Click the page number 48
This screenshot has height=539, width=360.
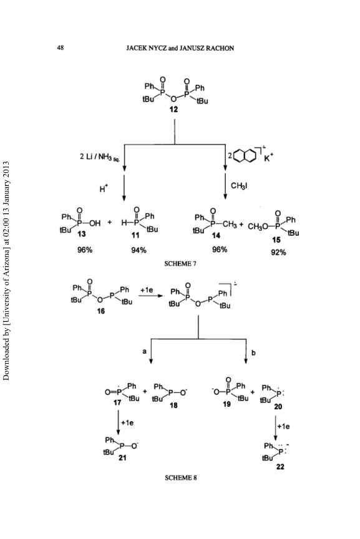(60, 48)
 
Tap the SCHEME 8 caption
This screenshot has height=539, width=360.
(181, 477)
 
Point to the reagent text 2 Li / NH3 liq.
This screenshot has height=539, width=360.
(100, 157)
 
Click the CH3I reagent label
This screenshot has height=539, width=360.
(240, 186)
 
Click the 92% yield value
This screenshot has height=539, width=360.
(278, 253)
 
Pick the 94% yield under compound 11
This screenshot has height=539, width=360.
(139, 250)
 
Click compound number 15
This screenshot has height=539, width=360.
(276, 240)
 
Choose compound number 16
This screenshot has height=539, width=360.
(100, 311)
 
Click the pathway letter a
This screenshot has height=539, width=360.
(145, 351)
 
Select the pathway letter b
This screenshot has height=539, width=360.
(253, 352)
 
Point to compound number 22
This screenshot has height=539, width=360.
(280, 467)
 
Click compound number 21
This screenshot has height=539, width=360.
(122, 457)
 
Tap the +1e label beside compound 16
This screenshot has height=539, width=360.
(147, 290)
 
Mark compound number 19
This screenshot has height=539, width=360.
(226, 404)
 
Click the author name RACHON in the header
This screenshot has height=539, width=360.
(220, 48)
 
